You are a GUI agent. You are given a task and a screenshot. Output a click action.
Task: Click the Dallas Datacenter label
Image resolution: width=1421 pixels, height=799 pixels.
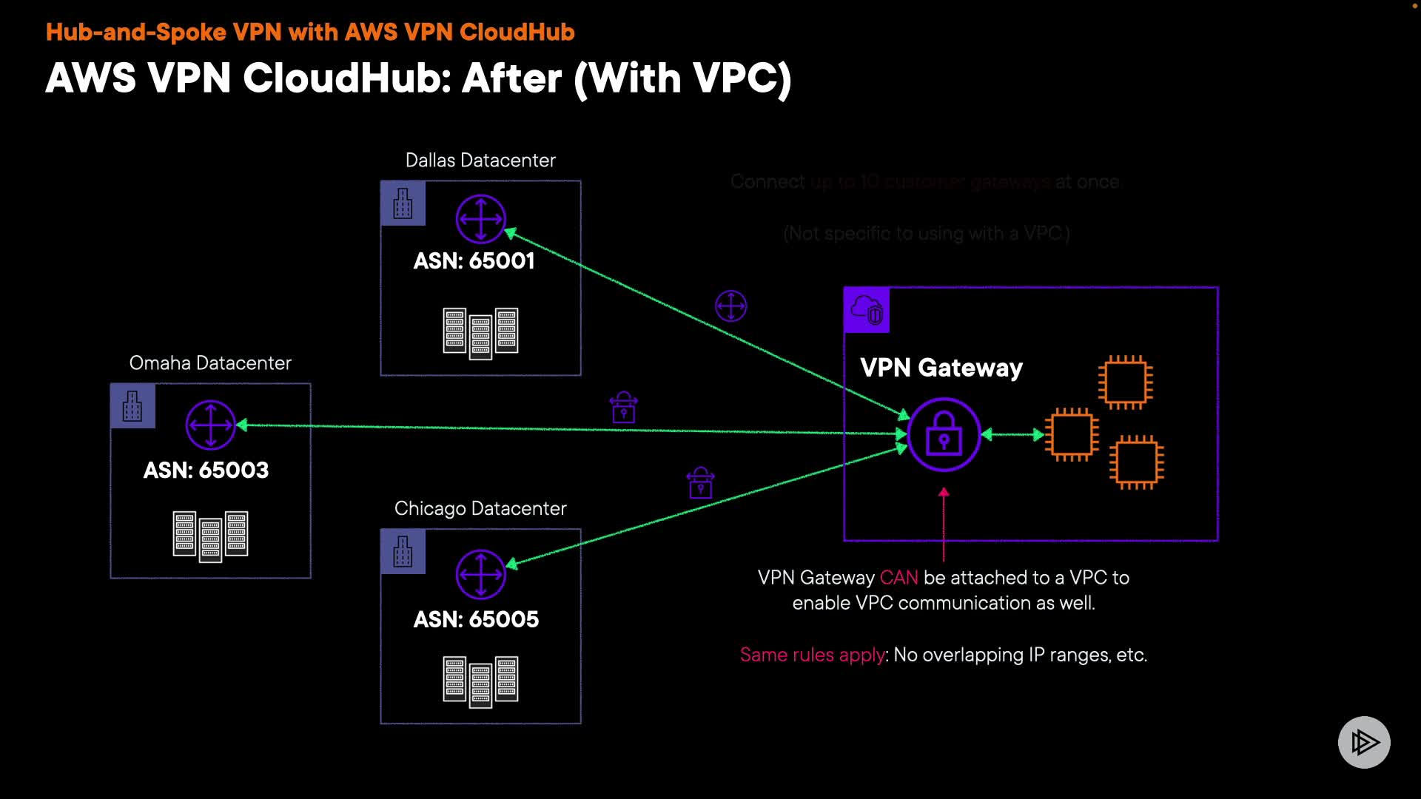click(480, 161)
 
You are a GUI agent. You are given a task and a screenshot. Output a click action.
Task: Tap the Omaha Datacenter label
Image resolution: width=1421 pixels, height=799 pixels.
click(210, 363)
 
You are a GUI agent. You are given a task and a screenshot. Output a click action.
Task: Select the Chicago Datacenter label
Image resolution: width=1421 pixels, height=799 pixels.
click(480, 509)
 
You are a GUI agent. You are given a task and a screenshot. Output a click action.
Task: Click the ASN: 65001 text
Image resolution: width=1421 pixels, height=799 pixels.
click(474, 261)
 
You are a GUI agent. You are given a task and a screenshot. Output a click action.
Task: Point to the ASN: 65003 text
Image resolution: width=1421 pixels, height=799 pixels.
click(206, 471)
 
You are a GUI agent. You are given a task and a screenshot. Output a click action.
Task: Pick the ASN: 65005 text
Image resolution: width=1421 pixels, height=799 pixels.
click(476, 620)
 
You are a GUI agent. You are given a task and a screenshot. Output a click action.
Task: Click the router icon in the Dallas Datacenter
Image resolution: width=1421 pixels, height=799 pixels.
click(480, 219)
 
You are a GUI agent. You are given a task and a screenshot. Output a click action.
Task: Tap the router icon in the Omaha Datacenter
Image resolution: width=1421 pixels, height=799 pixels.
click(210, 425)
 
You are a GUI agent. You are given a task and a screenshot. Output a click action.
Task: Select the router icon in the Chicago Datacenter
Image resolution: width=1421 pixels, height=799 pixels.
click(480, 574)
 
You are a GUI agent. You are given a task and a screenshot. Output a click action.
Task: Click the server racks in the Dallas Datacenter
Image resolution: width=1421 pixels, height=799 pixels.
click(480, 332)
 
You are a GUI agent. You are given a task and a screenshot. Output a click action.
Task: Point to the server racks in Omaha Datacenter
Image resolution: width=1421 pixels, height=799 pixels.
click(210, 535)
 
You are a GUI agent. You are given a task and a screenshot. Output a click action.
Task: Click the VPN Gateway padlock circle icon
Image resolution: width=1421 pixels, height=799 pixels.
click(944, 435)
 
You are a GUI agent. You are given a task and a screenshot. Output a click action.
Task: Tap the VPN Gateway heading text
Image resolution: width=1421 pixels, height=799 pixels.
click(941, 368)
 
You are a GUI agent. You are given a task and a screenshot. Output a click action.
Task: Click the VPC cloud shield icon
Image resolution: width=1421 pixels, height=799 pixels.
click(867, 310)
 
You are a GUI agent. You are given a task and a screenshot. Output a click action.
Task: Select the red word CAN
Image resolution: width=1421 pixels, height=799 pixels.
click(898, 578)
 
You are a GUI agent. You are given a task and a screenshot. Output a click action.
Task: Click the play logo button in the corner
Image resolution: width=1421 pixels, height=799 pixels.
click(1364, 742)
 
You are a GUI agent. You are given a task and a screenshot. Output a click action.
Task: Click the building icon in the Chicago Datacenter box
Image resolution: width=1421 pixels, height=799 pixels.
click(403, 552)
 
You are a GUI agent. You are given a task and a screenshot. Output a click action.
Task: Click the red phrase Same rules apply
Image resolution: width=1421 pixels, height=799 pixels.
click(813, 655)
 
